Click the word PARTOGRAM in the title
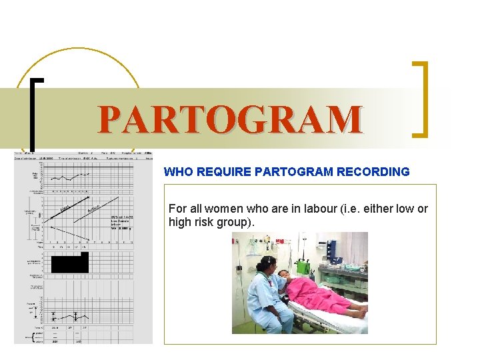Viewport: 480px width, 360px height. pyautogui.click(x=230, y=120)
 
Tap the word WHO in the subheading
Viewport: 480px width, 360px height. pyautogui.click(x=177, y=172)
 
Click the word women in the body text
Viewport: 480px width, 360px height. pyautogui.click(x=217, y=209)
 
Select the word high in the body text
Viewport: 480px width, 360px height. pyautogui.click(x=181, y=221)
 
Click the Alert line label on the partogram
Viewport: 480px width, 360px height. pyautogui.click(x=65, y=210)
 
